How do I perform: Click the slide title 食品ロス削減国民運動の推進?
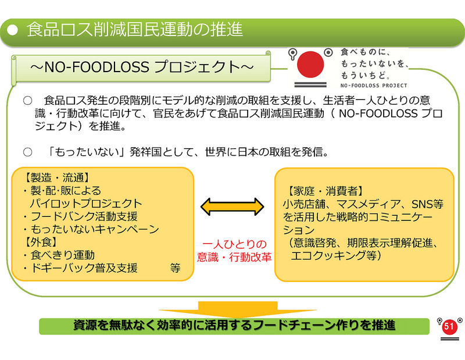click(134, 29)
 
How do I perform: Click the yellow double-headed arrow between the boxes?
click(233, 206)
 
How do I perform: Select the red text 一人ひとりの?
click(234, 244)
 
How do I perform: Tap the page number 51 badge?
click(448, 327)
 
